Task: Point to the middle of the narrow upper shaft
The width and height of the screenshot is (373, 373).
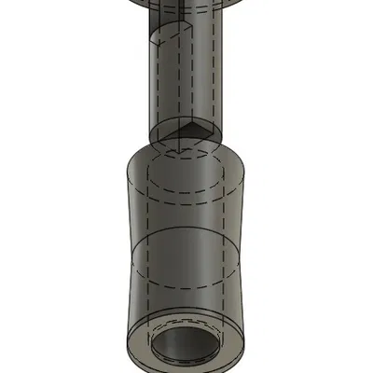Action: point(186,79)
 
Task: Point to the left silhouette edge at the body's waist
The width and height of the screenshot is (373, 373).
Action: point(126,252)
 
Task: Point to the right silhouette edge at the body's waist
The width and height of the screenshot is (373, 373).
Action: point(248,252)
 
